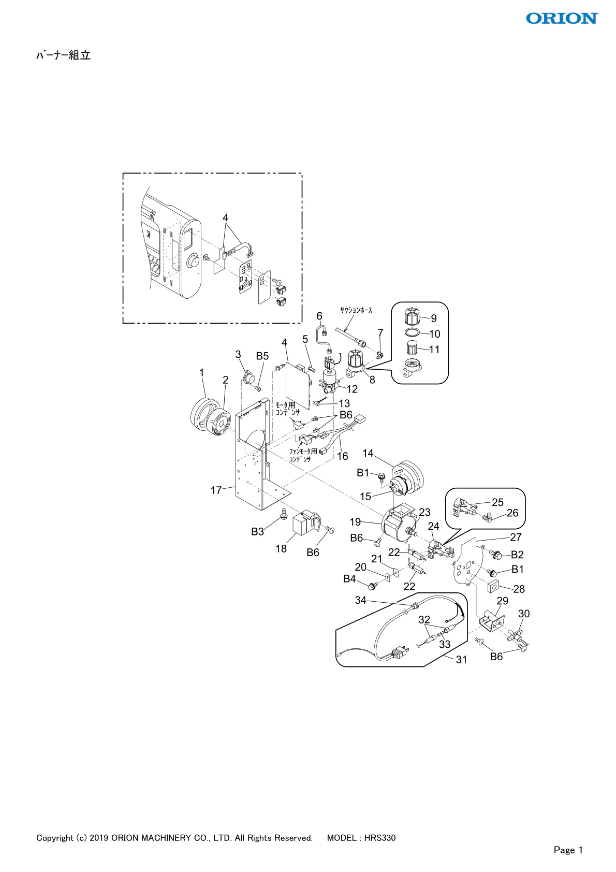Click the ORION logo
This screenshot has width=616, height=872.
[x=562, y=19]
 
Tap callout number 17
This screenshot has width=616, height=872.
[x=216, y=490]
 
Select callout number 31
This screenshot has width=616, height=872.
[x=461, y=659]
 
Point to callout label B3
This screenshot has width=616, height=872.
[x=257, y=531]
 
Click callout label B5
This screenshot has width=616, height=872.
[x=262, y=356]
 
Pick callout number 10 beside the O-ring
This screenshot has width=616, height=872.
[x=435, y=334]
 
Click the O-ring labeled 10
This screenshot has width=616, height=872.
[x=412, y=332]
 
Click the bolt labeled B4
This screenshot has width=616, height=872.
[x=372, y=586]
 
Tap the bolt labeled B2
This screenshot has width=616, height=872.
[x=496, y=555]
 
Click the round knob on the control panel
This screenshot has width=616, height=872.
[x=194, y=262]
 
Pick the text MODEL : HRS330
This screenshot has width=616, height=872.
[x=361, y=838]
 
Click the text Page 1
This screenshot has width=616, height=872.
[x=568, y=850]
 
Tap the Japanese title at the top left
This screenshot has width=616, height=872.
[x=63, y=55]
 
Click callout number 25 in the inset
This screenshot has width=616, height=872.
[x=497, y=502]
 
